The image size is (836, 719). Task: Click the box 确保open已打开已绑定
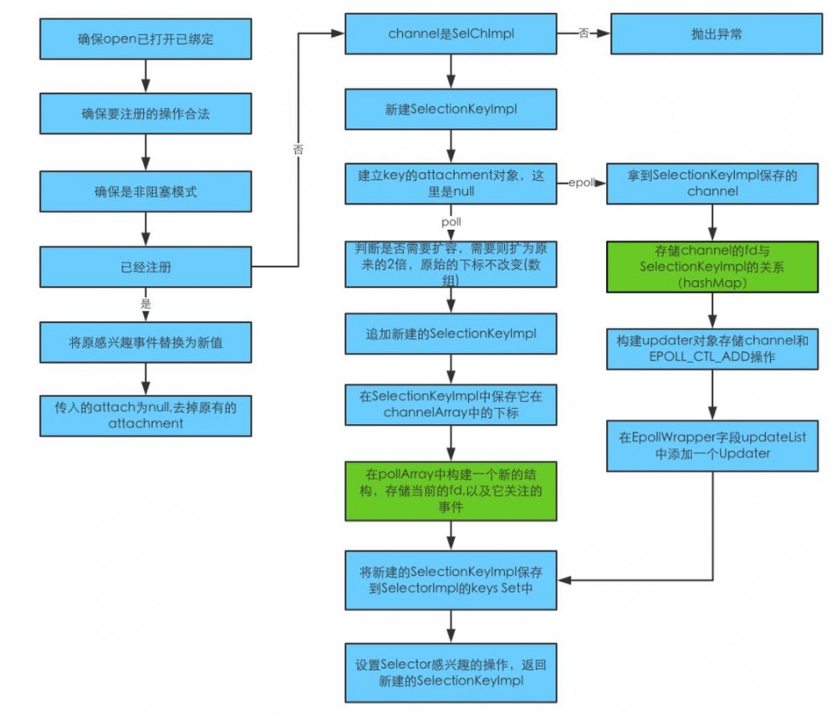tap(146, 34)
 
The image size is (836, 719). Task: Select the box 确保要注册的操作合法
tap(146, 112)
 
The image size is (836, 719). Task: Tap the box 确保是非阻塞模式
tap(146, 191)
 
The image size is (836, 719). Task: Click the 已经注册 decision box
tap(146, 268)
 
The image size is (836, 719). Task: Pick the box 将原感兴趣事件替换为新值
tap(146, 340)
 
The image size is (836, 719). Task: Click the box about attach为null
tap(146, 414)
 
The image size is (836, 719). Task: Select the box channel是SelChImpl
tap(451, 34)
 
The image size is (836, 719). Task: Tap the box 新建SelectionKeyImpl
tap(451, 109)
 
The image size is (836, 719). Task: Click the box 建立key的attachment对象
tap(451, 183)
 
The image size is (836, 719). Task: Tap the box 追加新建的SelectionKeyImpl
tap(451, 334)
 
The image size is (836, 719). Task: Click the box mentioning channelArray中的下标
tap(451, 404)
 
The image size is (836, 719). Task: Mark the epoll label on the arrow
tap(582, 181)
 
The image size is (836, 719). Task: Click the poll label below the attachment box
tap(451, 222)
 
